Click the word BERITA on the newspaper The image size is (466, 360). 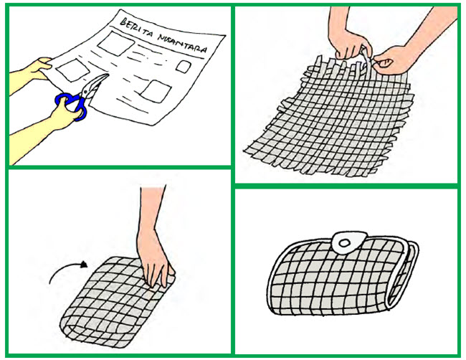(x=137, y=28)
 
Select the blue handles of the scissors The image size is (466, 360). (x=71, y=106)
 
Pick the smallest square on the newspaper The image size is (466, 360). (x=183, y=67)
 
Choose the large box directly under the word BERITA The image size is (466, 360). (x=116, y=44)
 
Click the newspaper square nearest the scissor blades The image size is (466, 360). (x=73, y=70)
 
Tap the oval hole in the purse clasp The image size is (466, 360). (x=344, y=244)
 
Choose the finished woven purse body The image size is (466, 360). (x=342, y=277)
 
